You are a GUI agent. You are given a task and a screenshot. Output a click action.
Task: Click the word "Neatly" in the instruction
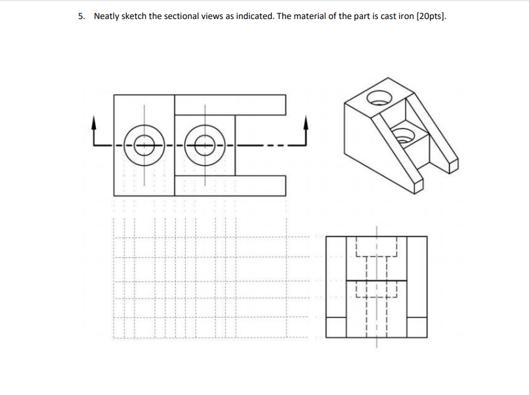click(x=108, y=16)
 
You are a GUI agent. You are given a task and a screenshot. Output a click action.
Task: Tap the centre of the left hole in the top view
click(x=144, y=144)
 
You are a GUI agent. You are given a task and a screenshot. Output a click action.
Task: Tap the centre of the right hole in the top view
click(x=205, y=144)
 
